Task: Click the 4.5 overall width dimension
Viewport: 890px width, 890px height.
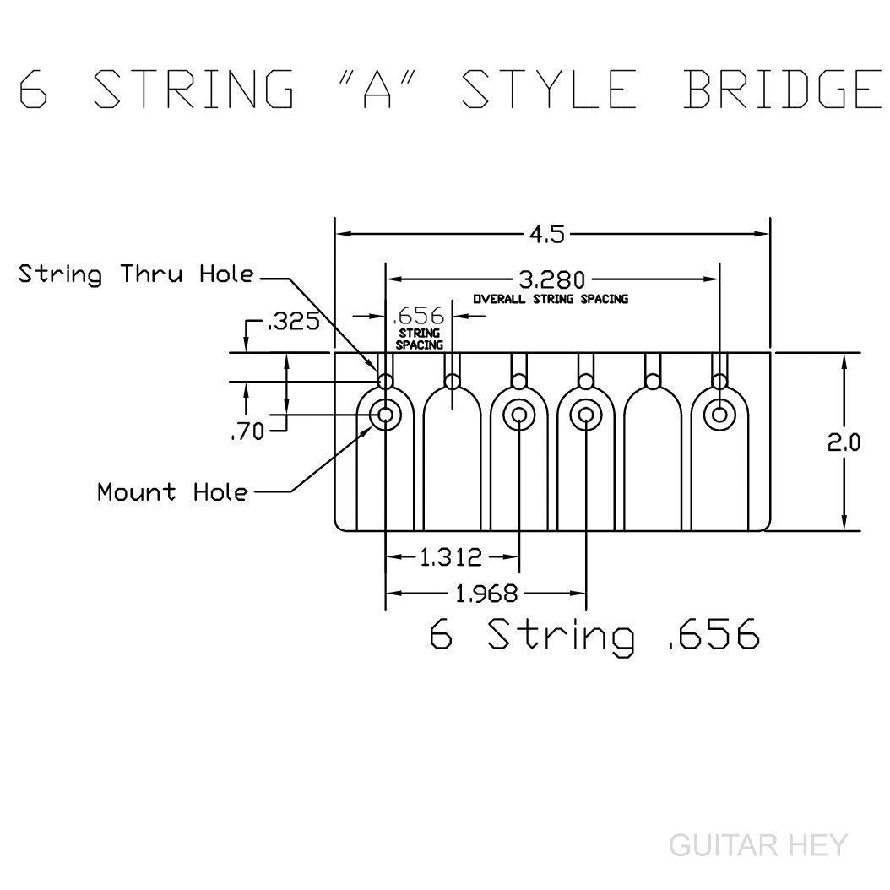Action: [x=547, y=234]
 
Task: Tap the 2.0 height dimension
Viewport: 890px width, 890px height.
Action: [x=844, y=442]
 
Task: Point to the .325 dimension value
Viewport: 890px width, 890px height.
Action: [x=293, y=323]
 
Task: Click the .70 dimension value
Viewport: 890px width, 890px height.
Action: [x=247, y=432]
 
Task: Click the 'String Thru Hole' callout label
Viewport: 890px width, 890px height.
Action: [x=136, y=274]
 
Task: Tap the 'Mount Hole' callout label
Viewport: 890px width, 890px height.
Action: [x=173, y=491]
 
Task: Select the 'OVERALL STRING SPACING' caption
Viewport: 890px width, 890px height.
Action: [x=550, y=299]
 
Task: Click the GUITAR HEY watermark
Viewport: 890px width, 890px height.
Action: [x=756, y=844]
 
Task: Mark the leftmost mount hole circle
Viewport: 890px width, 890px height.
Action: [x=386, y=415]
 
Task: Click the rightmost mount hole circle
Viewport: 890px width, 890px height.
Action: [x=719, y=415]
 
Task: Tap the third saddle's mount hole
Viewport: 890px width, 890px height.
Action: [x=518, y=415]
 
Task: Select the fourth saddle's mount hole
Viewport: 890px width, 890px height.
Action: [x=586, y=415]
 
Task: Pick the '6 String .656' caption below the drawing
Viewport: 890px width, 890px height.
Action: [x=594, y=635]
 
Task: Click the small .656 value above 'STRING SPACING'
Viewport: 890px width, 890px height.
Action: [x=419, y=316]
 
